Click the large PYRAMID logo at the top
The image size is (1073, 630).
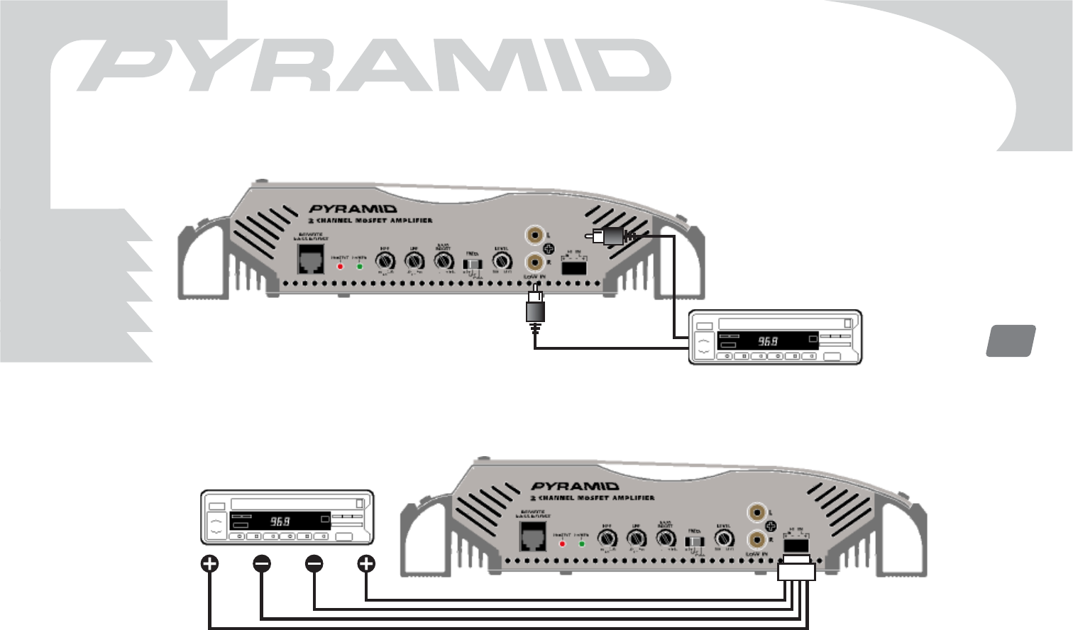point(373,65)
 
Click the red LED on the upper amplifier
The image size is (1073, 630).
point(341,266)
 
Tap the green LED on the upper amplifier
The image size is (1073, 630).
point(360,266)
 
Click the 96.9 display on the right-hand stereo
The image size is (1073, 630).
point(768,341)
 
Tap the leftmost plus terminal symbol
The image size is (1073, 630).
point(209,564)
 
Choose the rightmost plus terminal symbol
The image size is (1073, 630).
point(365,564)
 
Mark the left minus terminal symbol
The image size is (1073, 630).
point(262,564)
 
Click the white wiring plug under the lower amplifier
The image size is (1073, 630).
point(797,570)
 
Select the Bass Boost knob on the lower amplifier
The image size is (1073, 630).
point(665,539)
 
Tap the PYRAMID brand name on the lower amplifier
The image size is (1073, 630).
point(575,486)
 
